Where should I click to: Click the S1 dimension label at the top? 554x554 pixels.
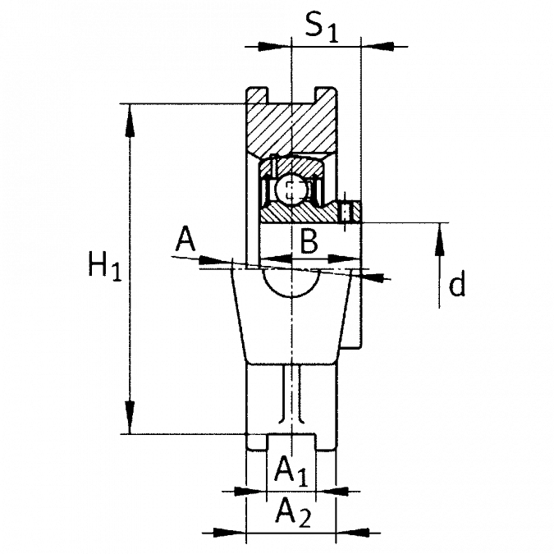coord(320,27)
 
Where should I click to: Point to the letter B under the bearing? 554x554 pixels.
coord(309,241)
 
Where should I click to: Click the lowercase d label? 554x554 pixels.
coord(458,286)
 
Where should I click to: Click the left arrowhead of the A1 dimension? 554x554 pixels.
coord(238,492)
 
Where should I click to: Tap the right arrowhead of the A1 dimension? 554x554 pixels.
coord(345,492)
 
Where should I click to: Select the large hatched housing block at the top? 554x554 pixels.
coord(291,123)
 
